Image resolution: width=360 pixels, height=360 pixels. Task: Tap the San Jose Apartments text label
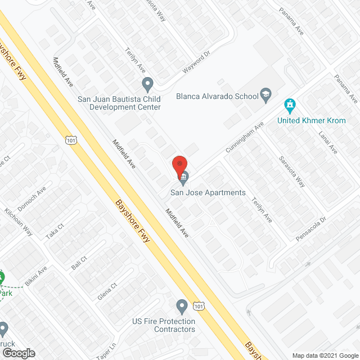tap(209, 193)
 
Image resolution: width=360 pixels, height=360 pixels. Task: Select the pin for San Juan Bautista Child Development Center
tap(148, 85)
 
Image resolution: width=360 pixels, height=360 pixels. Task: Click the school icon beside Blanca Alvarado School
tap(266, 96)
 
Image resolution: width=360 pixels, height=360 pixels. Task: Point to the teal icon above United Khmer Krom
tap(290, 105)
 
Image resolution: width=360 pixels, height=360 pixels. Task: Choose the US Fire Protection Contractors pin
tap(182, 307)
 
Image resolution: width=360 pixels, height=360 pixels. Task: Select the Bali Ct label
tap(79, 262)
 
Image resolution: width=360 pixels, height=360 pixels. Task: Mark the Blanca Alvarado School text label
tap(217, 96)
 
